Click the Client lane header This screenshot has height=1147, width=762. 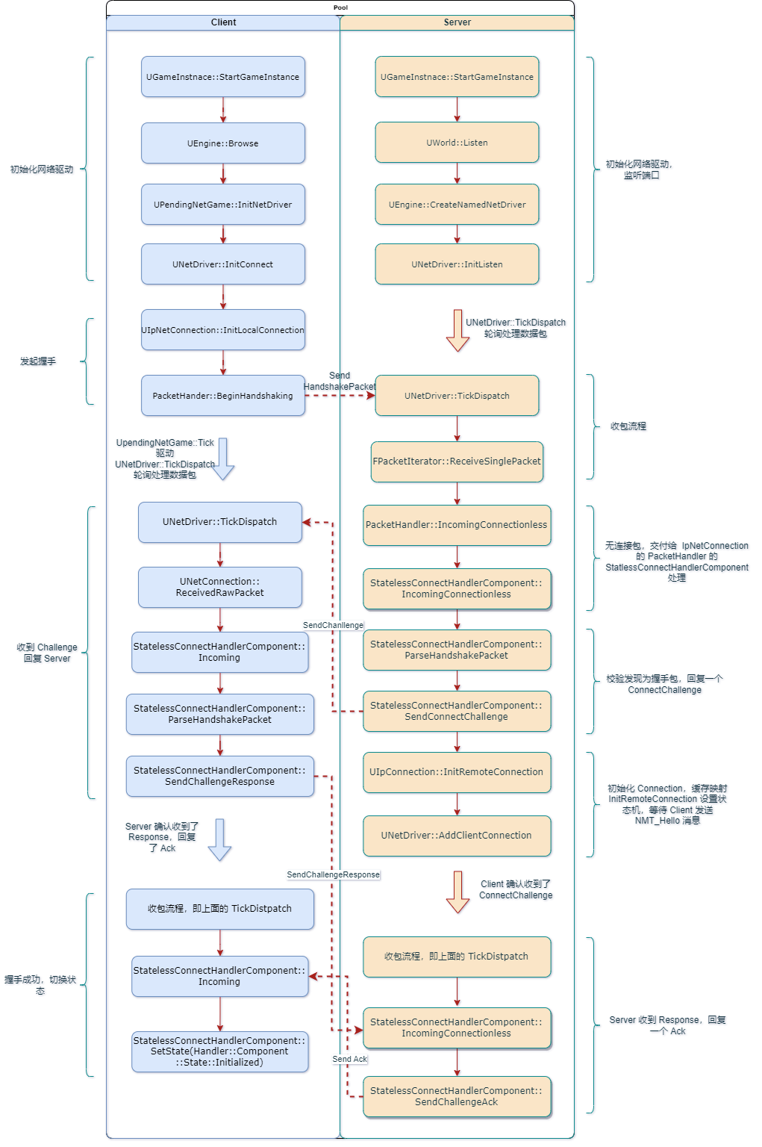click(223, 22)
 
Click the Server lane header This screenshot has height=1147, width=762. click(457, 22)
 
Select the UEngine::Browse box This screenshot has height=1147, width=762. click(223, 143)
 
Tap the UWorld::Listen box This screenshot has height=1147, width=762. click(457, 143)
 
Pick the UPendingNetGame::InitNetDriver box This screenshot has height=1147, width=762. click(223, 205)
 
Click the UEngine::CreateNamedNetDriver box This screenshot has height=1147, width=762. click(457, 205)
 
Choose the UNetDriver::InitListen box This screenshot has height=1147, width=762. click(457, 264)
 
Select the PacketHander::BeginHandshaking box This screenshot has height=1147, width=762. click(223, 396)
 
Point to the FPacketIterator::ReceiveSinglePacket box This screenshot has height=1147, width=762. click(457, 461)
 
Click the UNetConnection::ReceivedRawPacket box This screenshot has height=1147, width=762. click(220, 587)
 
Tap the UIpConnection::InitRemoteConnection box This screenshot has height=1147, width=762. click(457, 772)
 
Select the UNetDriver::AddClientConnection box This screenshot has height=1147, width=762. click(457, 836)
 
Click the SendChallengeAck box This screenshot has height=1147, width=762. click(457, 1096)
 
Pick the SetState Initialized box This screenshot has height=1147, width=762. click(220, 1051)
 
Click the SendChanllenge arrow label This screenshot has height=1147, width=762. click(333, 625)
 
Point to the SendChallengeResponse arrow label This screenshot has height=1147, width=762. click(333, 874)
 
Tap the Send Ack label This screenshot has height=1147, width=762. click(350, 1059)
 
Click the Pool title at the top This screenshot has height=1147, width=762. click(340, 7)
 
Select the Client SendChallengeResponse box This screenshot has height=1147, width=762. click(220, 776)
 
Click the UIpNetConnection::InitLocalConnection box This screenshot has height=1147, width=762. click(223, 330)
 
